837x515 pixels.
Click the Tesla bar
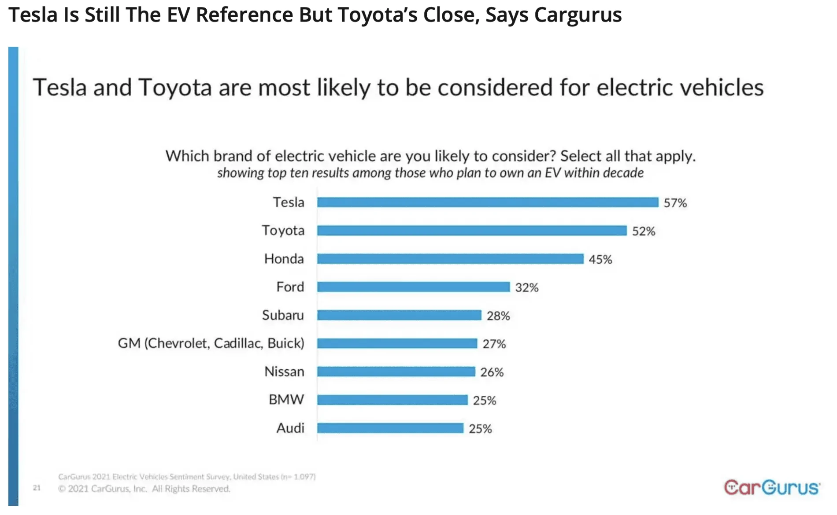pos(487,202)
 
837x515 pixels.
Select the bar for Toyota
pos(471,231)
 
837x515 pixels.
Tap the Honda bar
pos(450,259)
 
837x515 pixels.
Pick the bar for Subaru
pos(399,315)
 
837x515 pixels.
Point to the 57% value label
pos(675,203)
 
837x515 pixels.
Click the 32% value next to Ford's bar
pos(526,288)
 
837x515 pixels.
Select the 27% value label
pos(494,344)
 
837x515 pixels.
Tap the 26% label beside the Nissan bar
pos(492,372)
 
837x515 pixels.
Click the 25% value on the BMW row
pos(484,401)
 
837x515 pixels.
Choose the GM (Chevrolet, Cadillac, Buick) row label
pos(211,343)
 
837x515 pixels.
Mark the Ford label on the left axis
pos(290,287)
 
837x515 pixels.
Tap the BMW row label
pos(286,400)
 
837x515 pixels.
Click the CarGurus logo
pos(771,487)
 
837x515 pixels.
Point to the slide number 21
pos(37,488)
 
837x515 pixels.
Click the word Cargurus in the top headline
pos(578,15)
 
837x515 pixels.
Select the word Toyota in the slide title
pos(175,87)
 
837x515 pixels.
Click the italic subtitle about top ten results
pos(430,173)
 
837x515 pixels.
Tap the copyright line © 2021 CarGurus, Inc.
pos(144,489)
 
